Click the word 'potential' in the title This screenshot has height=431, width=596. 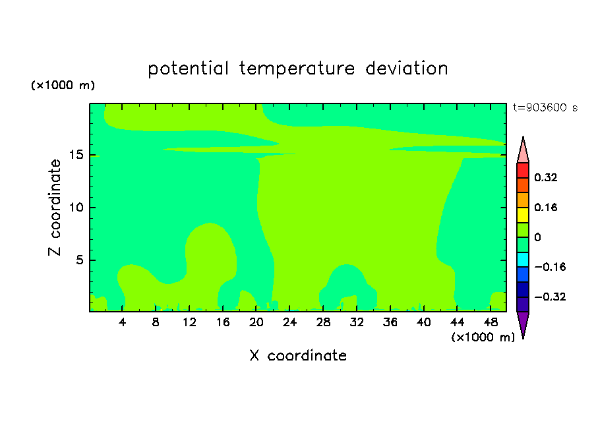[x=188, y=69]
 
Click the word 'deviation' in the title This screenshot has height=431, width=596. [x=407, y=69]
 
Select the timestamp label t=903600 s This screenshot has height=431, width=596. [x=545, y=107]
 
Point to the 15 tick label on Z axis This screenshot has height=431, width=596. [x=76, y=155]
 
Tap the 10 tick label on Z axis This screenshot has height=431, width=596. [x=76, y=208]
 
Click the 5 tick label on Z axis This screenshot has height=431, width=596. [x=80, y=260]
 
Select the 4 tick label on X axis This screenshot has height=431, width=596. [x=122, y=322]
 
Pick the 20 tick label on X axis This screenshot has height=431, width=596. [x=256, y=322]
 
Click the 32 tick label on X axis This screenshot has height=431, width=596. [x=357, y=322]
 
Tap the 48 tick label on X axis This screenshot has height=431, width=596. [x=491, y=322]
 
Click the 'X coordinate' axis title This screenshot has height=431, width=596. [x=298, y=355]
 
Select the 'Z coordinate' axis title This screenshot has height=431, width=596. [x=55, y=208]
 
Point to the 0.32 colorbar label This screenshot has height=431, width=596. [x=546, y=177]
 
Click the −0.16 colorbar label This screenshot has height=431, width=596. [x=550, y=267]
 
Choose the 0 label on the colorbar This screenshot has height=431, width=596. [x=537, y=237]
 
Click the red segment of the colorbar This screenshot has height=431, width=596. [x=523, y=170]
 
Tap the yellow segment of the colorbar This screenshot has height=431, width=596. [x=523, y=215]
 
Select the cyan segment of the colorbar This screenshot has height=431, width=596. [x=523, y=260]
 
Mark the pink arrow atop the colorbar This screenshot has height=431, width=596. [x=523, y=151]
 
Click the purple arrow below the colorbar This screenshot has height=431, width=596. [x=523, y=324]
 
